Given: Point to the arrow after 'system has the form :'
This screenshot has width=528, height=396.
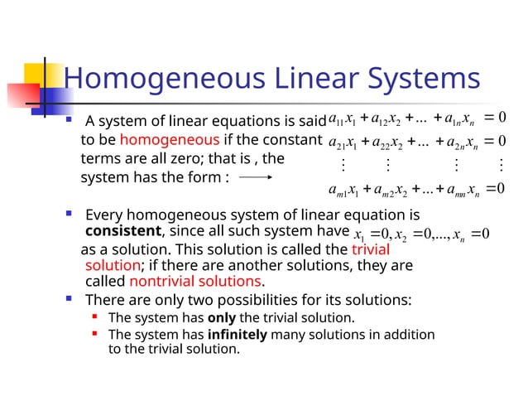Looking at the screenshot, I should [x=256, y=177].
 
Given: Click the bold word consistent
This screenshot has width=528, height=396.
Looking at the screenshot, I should [x=120, y=230].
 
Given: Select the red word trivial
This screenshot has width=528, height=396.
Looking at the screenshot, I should [x=370, y=249].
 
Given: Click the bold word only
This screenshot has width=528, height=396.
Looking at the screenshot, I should [x=221, y=317].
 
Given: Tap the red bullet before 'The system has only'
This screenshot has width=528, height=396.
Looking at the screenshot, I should [x=96, y=317].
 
